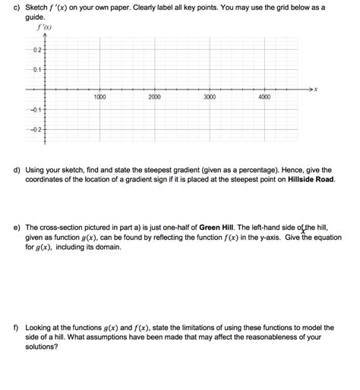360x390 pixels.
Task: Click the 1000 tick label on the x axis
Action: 99,97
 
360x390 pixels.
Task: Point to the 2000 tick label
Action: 154,97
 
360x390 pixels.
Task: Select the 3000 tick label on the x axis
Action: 210,97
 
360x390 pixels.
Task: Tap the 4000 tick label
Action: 265,97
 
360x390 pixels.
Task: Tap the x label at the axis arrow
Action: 316,90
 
